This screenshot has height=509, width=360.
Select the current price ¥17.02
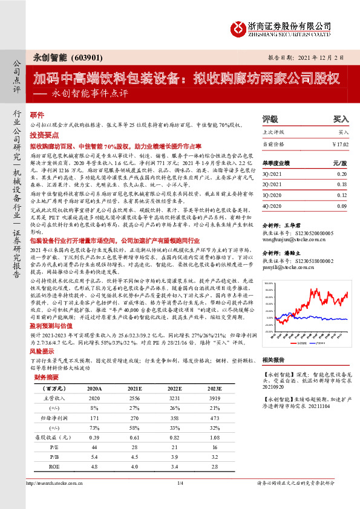(x=341, y=144)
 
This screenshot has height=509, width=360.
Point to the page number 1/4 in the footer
(x=179, y=500)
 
